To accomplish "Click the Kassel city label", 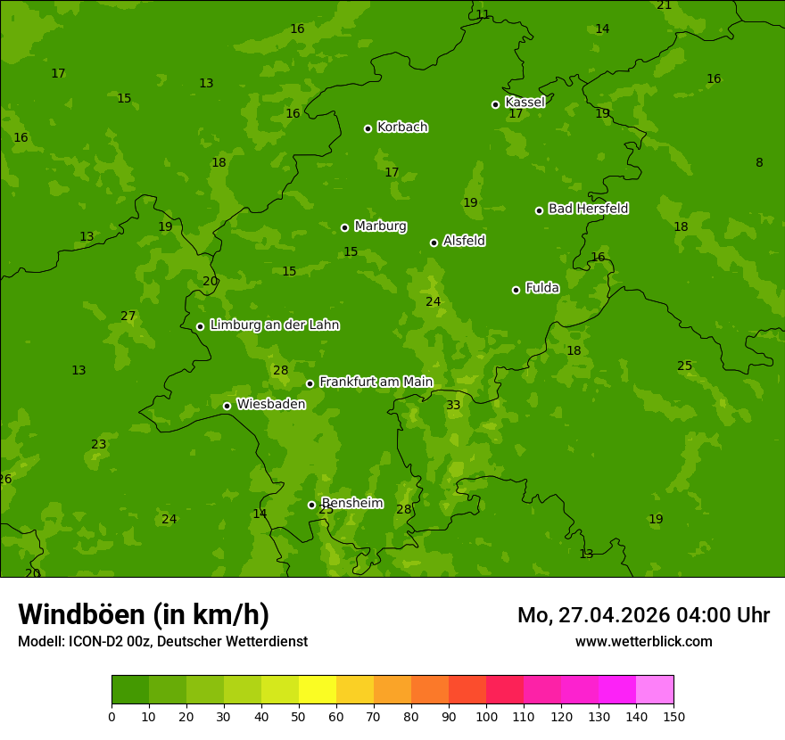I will point(525,103).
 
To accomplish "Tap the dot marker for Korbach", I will point(368,128).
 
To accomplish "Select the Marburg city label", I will point(380,226).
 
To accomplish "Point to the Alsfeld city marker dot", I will point(434,243).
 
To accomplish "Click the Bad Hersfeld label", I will point(588,209).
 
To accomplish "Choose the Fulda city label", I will point(541,288).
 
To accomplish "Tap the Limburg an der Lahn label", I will point(274,325).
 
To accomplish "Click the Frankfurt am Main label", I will point(376,382).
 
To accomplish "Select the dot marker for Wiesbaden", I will point(227,406).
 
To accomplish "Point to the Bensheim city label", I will point(351,504).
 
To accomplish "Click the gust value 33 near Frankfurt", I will point(453,406).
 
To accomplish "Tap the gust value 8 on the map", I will point(759,163).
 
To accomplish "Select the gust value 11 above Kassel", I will point(483,15).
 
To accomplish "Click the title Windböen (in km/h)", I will point(144,614).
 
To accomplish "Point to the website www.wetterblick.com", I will point(643,642).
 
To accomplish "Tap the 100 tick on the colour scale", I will point(486,716).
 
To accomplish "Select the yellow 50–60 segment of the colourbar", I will point(318,690).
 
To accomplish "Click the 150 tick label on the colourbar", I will point(673,716).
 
